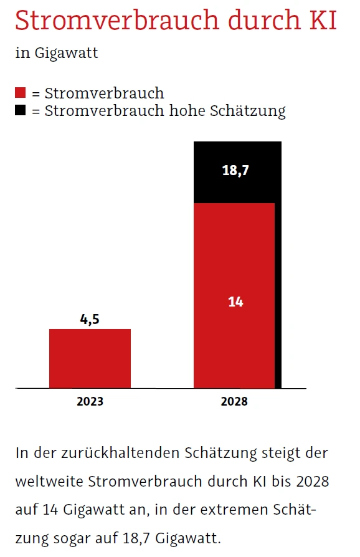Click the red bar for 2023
pyautogui.click(x=90, y=358)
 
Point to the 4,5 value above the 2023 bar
pyautogui.click(x=90, y=320)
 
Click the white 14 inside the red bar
pyautogui.click(x=235, y=302)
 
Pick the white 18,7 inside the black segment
pyautogui.click(x=235, y=170)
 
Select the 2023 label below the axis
pyautogui.click(x=90, y=401)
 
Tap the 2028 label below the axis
pyautogui.click(x=234, y=401)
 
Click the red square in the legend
pyautogui.click(x=21, y=93)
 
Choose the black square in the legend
pyautogui.click(x=21, y=111)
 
